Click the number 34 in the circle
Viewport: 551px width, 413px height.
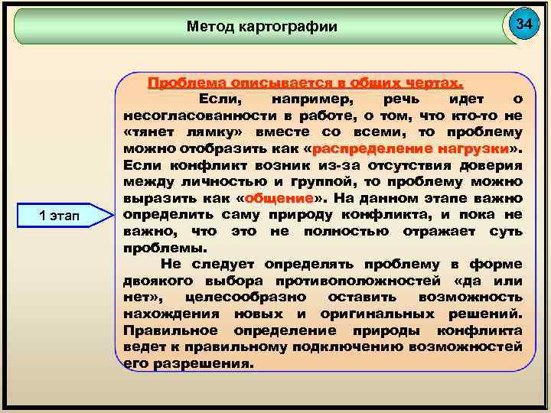523,24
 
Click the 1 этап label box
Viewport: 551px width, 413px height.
64,216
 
